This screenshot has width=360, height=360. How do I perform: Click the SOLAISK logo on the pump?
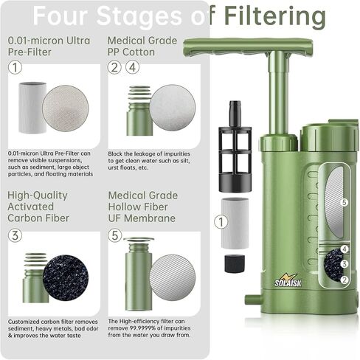click(x=288, y=281)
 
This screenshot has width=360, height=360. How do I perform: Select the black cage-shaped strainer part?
click(x=235, y=147)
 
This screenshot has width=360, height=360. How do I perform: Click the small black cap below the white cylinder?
click(x=235, y=263)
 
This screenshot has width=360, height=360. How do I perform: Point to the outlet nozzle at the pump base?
click(x=253, y=300)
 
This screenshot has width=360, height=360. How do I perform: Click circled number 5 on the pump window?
click(x=345, y=202)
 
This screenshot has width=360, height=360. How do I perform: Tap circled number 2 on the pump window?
click(x=345, y=280)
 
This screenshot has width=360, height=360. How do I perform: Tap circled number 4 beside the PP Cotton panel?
click(x=133, y=67)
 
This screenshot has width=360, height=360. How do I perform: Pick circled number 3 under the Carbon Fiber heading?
click(x=15, y=235)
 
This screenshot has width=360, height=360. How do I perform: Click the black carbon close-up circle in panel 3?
click(x=65, y=277)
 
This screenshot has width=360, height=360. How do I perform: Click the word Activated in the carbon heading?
click(x=31, y=207)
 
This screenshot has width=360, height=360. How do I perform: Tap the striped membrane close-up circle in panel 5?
click(x=173, y=277)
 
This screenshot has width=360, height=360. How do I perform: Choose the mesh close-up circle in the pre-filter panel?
click(x=65, y=108)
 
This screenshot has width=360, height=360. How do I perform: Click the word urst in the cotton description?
click(x=114, y=167)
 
